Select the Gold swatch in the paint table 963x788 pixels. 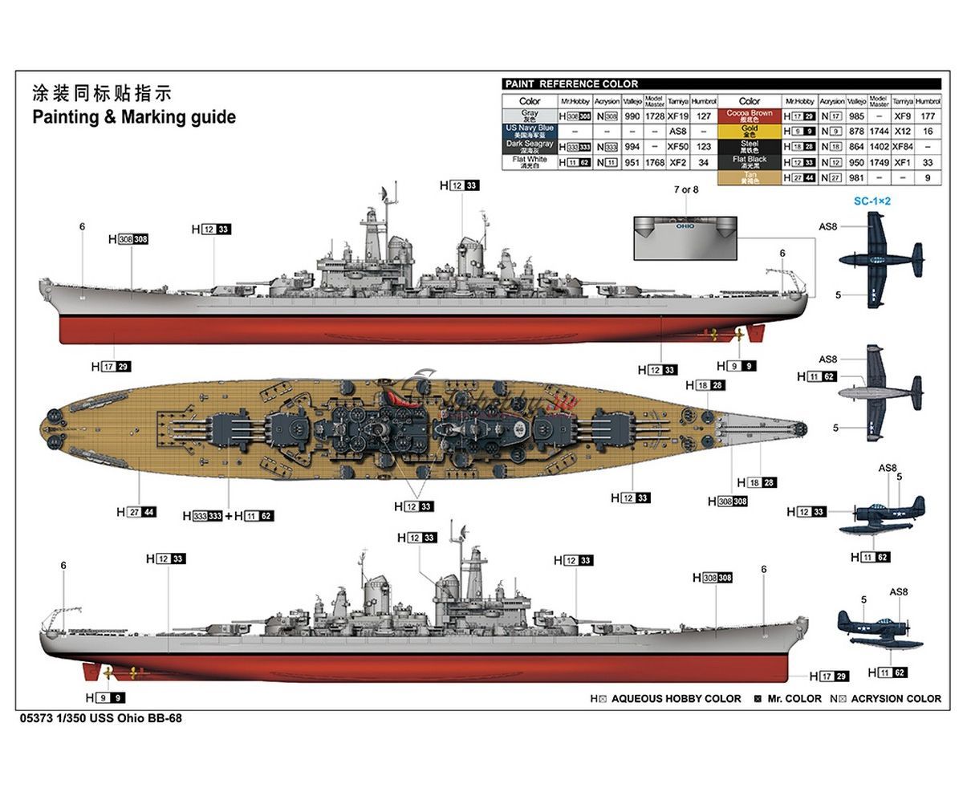click(x=749, y=131)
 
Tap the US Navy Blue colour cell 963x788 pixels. click(x=530, y=131)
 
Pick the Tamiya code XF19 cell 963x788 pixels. click(x=678, y=116)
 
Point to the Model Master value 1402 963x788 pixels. click(x=879, y=147)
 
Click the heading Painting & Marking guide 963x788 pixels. click(x=134, y=117)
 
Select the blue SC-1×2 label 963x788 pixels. click(x=872, y=201)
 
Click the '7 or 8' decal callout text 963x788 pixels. click(x=685, y=189)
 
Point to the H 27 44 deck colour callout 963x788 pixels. click(x=136, y=512)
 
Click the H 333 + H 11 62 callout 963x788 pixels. click(x=228, y=516)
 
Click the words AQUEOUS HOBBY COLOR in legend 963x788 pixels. click(x=676, y=699)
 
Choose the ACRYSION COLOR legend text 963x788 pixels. click(x=896, y=699)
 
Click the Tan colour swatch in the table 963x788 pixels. click(x=749, y=178)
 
